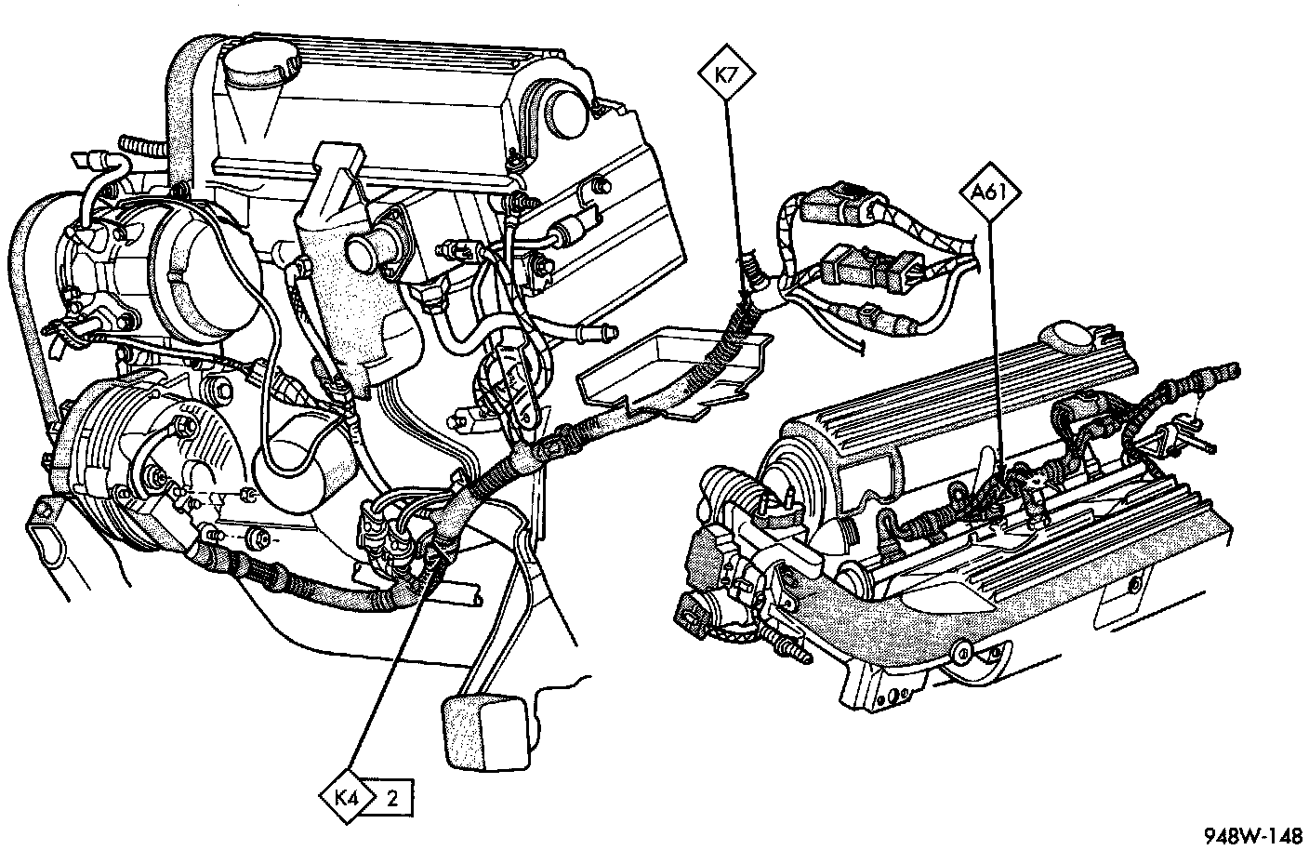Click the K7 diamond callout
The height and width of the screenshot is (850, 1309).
click(726, 73)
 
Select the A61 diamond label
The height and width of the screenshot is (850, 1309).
click(990, 193)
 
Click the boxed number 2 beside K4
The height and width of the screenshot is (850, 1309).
click(392, 797)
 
